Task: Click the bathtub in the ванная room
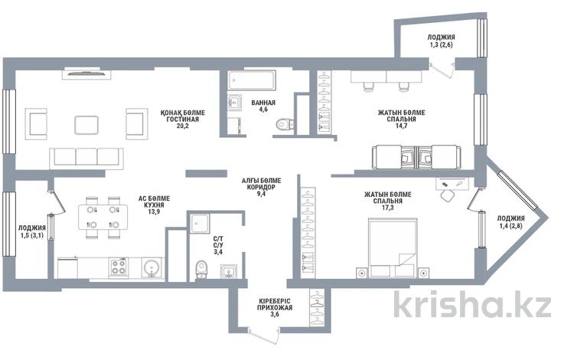[x=252, y=80]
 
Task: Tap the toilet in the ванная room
[x=284, y=125]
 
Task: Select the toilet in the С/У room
[x=201, y=270]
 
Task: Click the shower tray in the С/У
[x=200, y=224]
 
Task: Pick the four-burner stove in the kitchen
[x=119, y=267]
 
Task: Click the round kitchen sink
[x=151, y=267]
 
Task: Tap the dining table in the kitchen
[x=103, y=217]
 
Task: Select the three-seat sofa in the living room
[x=86, y=159]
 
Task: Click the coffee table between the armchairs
[x=86, y=125]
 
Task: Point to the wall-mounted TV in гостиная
[x=86, y=74]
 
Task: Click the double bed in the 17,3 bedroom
[x=393, y=248]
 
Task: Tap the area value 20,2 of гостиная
[x=182, y=126]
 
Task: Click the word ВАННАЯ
[x=263, y=103]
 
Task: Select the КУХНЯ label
[x=154, y=205]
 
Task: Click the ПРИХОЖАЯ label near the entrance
[x=275, y=307]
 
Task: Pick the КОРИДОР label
[x=262, y=187]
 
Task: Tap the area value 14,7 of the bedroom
[x=402, y=126]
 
